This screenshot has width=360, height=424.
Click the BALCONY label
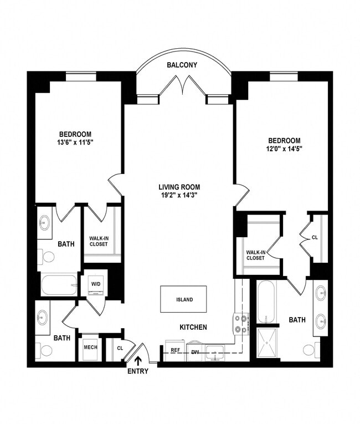tap(182, 65)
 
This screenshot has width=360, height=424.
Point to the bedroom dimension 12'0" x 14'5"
tap(284, 149)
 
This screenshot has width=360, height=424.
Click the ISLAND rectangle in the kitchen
tap(184, 299)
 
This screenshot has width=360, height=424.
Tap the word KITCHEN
tap(193, 328)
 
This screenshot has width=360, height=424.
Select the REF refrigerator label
tap(175, 350)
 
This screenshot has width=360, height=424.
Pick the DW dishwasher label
tap(194, 350)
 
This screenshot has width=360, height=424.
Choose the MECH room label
tap(91, 348)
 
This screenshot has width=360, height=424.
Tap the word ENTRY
tap(138, 371)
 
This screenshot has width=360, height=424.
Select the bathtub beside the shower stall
tap(266, 302)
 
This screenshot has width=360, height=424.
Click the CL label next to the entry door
tap(120, 348)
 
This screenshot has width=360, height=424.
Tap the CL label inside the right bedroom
tap(315, 237)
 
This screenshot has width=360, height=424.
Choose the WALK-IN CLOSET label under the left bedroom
tap(99, 241)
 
